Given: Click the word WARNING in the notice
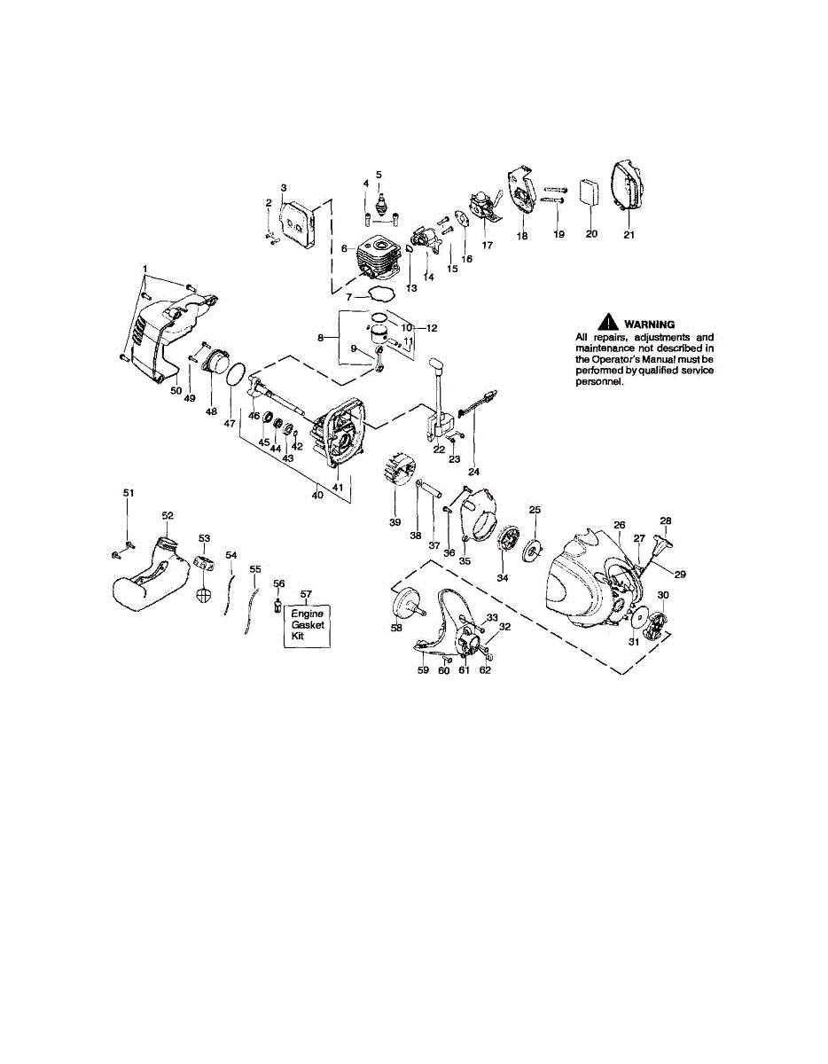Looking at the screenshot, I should (x=650, y=325).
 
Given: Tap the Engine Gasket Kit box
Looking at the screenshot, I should (x=308, y=624).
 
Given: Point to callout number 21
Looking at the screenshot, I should (x=629, y=234).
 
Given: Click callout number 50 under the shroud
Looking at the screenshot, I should (x=176, y=390).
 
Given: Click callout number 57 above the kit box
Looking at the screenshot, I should (x=307, y=594).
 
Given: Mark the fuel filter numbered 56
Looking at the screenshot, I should (x=278, y=606).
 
